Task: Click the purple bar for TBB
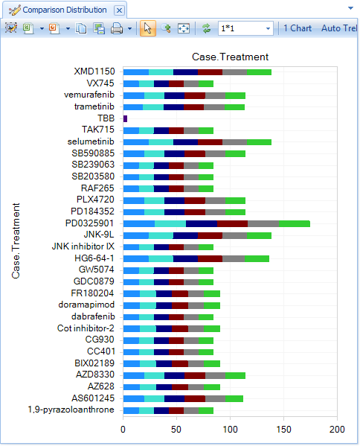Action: pyautogui.click(x=125, y=118)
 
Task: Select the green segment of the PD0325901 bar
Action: pyautogui.click(x=295, y=223)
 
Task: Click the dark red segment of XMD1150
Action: pyautogui.click(x=210, y=72)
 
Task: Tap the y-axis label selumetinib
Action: pyautogui.click(x=91, y=141)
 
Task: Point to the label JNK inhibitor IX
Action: pyautogui.click(x=83, y=246)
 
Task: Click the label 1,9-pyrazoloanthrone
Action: pyautogui.click(x=71, y=410)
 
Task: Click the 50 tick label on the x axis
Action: pyautogui.click(x=176, y=429)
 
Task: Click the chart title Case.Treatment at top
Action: pyautogui.click(x=230, y=57)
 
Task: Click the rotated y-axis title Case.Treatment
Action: pyautogui.click(x=16, y=240)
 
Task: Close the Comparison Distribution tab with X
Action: pyautogui.click(x=119, y=10)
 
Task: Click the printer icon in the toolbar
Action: pyautogui.click(x=117, y=28)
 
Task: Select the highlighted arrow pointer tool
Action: pyautogui.click(x=148, y=28)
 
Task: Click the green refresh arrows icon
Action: pyautogui.click(x=206, y=28)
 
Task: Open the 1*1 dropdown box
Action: pyautogui.click(x=245, y=28)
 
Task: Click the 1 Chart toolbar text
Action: pyautogui.click(x=298, y=28)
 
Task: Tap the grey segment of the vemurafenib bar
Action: pyautogui.click(x=216, y=95)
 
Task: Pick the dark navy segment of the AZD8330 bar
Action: pyautogui.click(x=175, y=376)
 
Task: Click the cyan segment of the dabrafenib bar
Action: pyautogui.click(x=147, y=317)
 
